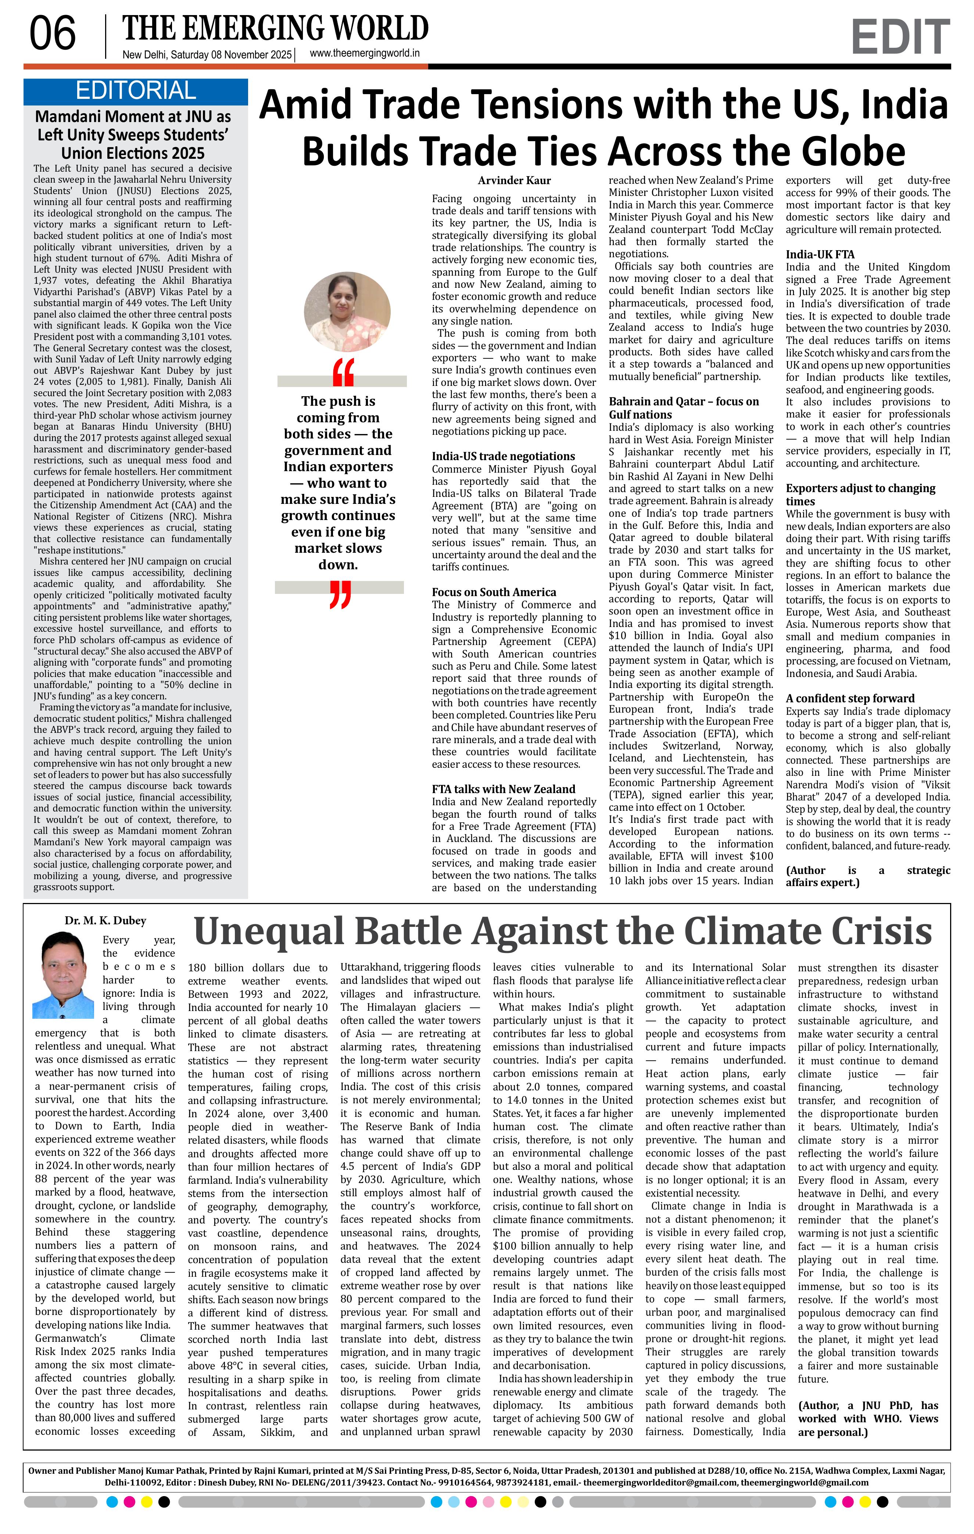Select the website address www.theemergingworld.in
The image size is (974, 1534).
point(364,54)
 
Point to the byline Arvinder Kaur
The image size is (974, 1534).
point(514,180)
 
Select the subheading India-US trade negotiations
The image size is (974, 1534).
point(503,456)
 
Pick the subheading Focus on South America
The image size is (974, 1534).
point(494,592)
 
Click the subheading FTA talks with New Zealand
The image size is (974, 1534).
point(503,789)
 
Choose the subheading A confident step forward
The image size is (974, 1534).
point(850,698)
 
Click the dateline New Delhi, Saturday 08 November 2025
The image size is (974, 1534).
point(207,55)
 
